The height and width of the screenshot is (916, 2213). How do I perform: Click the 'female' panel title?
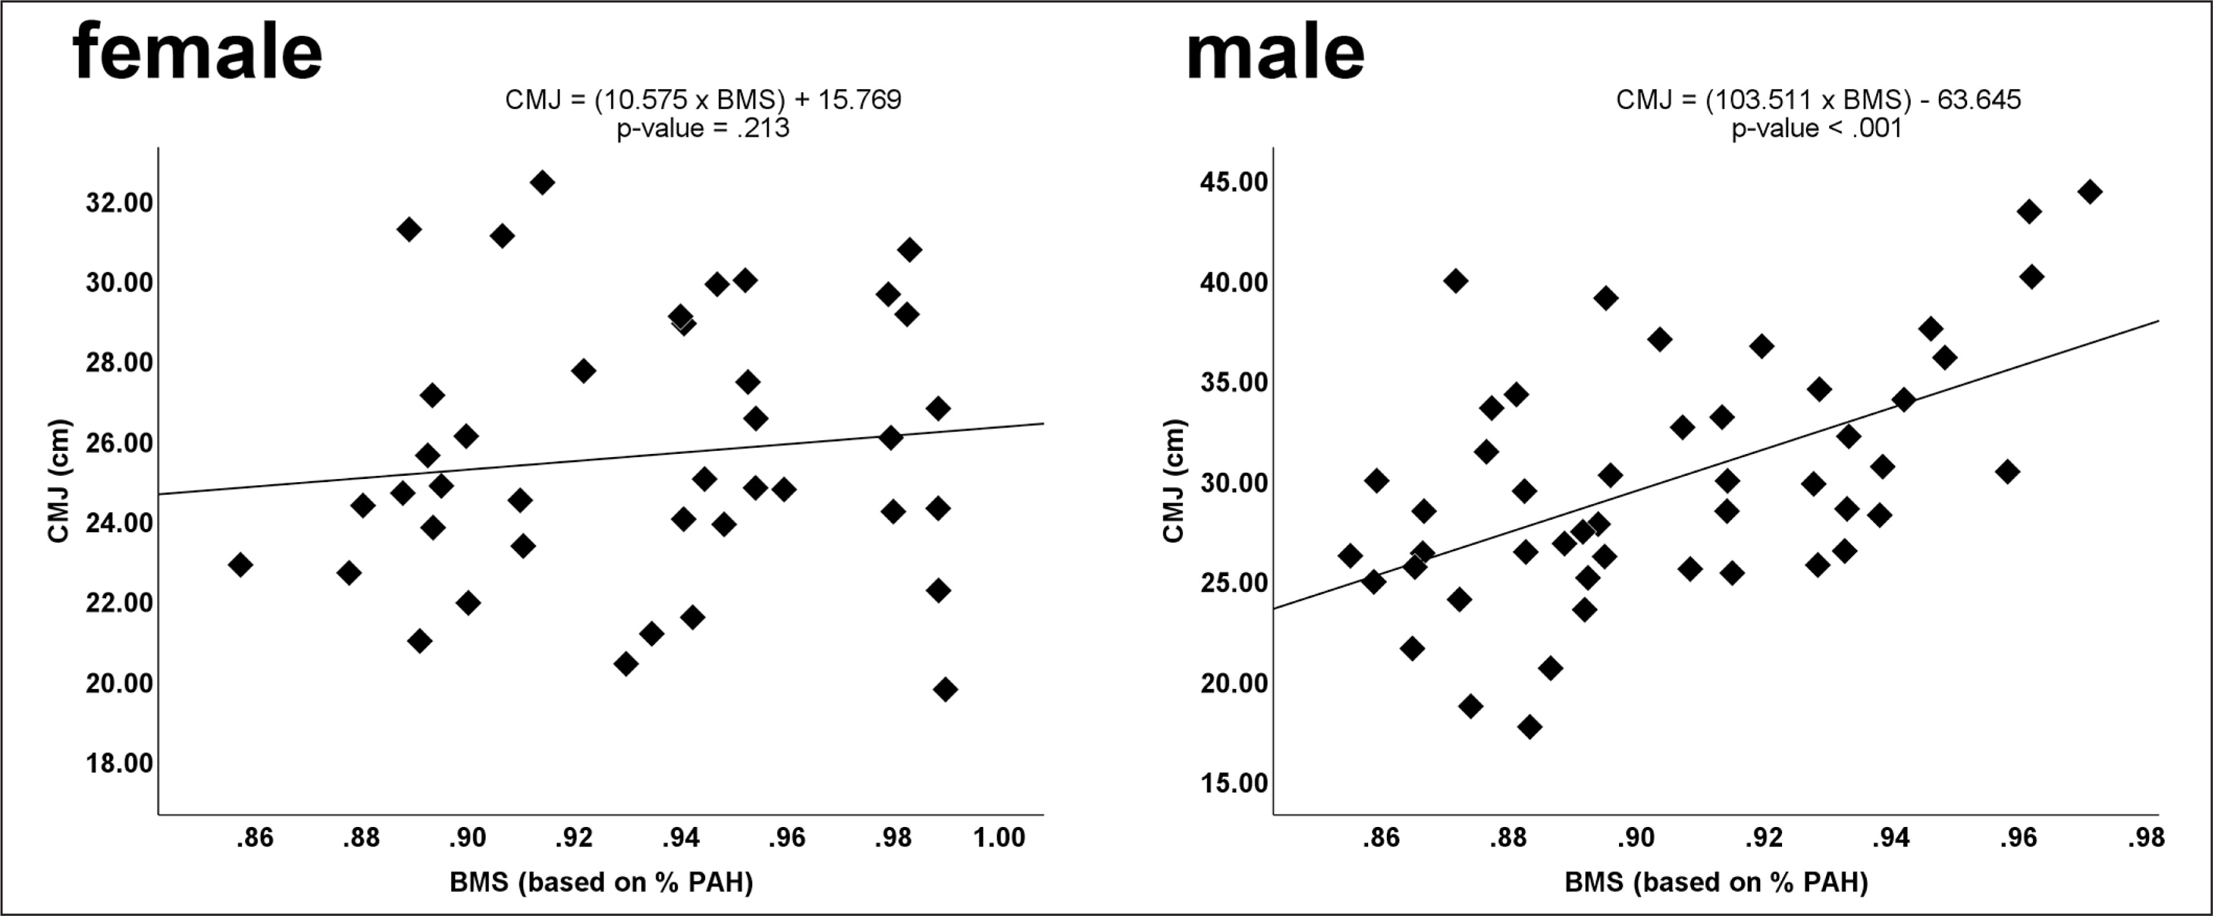coord(198,53)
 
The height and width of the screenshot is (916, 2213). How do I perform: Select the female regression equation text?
coord(703,100)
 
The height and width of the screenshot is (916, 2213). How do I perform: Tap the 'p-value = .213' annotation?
coord(703,129)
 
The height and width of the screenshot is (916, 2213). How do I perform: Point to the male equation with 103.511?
coord(1818,100)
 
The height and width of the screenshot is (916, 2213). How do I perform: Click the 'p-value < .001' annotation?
coord(1816,129)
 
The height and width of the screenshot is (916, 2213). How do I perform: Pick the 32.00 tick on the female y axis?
coord(119,203)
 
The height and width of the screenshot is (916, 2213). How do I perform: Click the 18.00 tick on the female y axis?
coord(119,763)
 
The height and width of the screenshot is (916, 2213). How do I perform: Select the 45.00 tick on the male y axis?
coord(1234,182)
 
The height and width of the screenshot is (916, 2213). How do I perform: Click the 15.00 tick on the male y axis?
coord(1234,783)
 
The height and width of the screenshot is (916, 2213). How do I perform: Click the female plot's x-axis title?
coord(602,883)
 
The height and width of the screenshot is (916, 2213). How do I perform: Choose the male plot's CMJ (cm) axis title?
coord(1174,481)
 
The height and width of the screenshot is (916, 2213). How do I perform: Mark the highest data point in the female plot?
coord(542,182)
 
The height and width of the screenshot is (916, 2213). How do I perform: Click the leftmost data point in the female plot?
coord(240,565)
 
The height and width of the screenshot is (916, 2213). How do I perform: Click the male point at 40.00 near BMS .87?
coord(1455,281)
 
